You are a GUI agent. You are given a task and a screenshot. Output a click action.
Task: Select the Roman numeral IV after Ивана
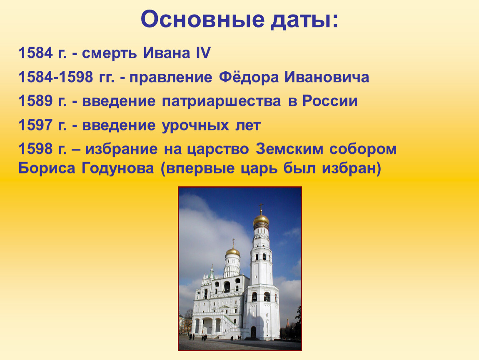pyautogui.click(x=202, y=52)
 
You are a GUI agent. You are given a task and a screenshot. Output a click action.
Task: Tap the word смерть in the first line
pyautogui.click(x=109, y=53)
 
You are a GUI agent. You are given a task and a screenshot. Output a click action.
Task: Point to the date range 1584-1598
pyautogui.click(x=56, y=77)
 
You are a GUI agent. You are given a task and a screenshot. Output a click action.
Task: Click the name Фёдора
pyautogui.click(x=249, y=77)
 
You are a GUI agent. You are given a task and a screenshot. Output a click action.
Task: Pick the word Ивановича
pyautogui.click(x=327, y=77)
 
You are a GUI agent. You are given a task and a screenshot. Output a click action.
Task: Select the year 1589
pyautogui.click(x=36, y=101)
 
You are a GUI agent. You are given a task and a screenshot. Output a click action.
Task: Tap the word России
pyautogui.click(x=330, y=101)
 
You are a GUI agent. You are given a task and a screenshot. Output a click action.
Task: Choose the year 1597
pyautogui.click(x=36, y=125)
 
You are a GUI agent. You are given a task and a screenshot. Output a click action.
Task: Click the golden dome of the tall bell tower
pyautogui.click(x=261, y=220)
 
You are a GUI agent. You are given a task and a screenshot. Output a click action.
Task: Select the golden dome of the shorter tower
pyautogui.click(x=233, y=252)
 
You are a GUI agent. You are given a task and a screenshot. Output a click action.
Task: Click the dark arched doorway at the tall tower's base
pyautogui.click(x=253, y=332)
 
